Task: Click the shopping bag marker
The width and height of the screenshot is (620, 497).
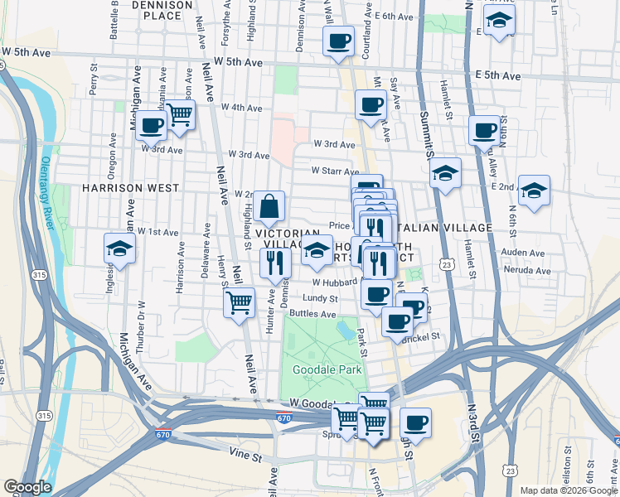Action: point(270,207)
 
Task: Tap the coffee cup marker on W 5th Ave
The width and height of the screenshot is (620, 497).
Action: point(338,41)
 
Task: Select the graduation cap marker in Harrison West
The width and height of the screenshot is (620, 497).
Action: point(120,248)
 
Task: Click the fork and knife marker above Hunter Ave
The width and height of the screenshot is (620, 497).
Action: point(274,263)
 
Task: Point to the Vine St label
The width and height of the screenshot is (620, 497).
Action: point(245,456)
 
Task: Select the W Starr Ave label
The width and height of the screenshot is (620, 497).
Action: point(335,171)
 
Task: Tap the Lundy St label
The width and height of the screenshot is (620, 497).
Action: point(320,298)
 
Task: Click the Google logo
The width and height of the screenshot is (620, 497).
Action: point(27,487)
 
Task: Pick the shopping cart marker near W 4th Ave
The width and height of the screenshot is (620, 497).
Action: point(179,116)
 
